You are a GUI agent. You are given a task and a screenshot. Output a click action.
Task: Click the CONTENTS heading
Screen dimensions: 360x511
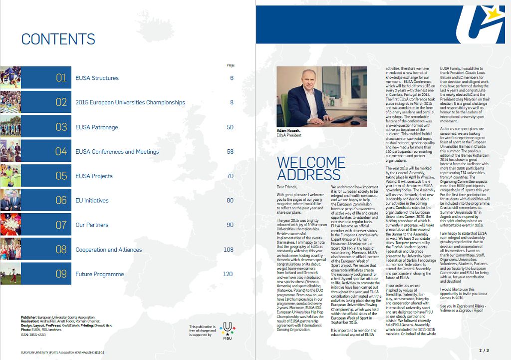(x=58, y=39)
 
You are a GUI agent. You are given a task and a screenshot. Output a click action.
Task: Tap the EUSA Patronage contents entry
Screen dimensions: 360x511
(x=96, y=127)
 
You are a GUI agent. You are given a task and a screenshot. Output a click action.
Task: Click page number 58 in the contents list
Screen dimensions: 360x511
(x=230, y=152)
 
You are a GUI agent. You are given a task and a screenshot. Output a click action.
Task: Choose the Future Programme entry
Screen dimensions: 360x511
(x=99, y=274)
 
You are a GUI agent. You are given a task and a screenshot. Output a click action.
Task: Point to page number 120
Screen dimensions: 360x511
(x=228, y=274)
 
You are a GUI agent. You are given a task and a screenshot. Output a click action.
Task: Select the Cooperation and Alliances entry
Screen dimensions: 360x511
(x=108, y=250)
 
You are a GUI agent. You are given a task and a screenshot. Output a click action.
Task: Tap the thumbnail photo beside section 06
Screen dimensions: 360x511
(x=10, y=200)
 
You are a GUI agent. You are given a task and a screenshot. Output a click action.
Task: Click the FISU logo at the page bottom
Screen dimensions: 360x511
(x=228, y=331)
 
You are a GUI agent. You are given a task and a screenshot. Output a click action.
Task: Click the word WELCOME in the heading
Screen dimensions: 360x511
(x=311, y=163)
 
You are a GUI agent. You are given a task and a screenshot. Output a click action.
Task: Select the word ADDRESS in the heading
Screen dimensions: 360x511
(x=308, y=175)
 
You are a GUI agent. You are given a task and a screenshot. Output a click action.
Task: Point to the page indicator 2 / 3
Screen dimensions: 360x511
(x=484, y=352)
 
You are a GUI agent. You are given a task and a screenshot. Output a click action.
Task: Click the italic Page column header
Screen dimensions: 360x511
(x=231, y=65)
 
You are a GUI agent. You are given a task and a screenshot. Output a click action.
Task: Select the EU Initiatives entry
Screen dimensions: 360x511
(x=92, y=201)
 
